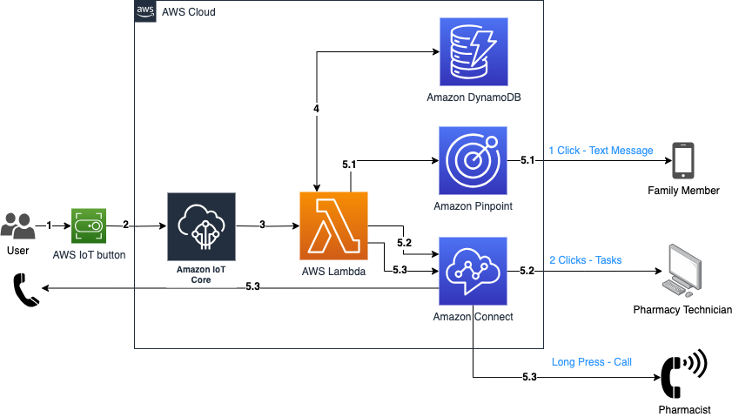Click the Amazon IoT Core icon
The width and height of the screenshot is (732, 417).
pos(201,226)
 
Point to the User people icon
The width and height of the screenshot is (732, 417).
pos(17,225)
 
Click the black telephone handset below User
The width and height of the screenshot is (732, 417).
pos(26,289)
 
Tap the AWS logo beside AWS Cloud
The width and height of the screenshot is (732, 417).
pos(145,12)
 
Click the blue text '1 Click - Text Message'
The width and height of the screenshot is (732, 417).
pos(601,151)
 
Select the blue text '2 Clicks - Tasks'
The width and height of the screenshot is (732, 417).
pos(585,260)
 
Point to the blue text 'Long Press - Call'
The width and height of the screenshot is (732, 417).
pos(591,362)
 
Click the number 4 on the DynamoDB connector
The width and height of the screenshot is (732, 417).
pos(317,109)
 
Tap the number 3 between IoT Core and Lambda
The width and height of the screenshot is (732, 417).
pos(262,225)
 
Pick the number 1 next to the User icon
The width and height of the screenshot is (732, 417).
pos(49,225)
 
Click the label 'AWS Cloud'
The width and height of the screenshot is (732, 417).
pos(189,12)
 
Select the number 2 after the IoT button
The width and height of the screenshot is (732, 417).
pos(125,225)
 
